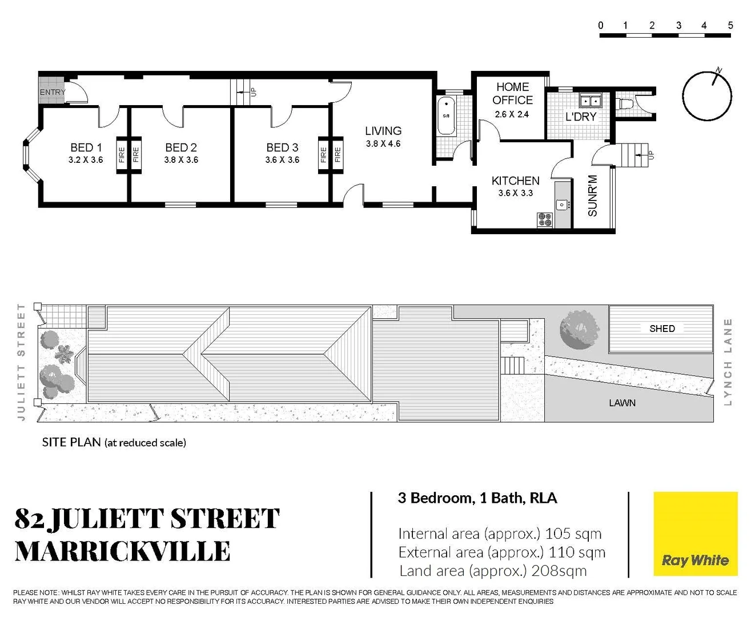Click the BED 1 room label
86,147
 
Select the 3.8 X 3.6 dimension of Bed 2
181,160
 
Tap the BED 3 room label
282,147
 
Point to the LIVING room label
383,131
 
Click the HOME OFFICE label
512,94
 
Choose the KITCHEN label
515,181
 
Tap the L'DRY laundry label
580,117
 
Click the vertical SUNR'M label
592,195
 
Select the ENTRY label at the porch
53,92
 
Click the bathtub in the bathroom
446,116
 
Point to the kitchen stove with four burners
545,220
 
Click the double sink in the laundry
590,101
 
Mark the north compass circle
707,96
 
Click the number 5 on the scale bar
730,25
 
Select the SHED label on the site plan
662,328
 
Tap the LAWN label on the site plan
622,403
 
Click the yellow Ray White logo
695,534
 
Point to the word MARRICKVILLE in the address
123,552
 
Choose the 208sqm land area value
559,571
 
